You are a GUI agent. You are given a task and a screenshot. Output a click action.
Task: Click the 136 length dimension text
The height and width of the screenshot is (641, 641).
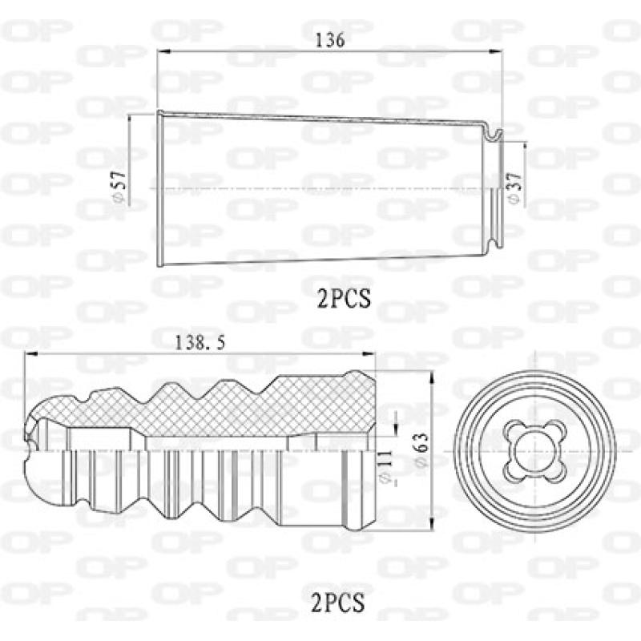click(x=330, y=40)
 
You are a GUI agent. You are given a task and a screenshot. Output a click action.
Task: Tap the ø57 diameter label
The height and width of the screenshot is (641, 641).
click(x=120, y=187)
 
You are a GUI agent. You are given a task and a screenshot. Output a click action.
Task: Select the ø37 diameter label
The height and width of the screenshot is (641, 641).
click(x=514, y=187)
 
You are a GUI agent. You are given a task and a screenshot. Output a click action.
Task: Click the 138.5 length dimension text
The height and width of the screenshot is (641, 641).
click(x=200, y=343)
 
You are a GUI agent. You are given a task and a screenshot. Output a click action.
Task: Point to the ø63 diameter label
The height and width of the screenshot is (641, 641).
click(x=421, y=450)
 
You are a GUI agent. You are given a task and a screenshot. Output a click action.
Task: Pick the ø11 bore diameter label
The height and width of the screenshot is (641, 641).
click(x=385, y=467)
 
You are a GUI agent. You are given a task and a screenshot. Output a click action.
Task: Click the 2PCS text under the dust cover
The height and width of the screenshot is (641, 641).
click(x=345, y=298)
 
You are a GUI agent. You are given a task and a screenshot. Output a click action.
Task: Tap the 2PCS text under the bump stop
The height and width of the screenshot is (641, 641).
click(x=337, y=603)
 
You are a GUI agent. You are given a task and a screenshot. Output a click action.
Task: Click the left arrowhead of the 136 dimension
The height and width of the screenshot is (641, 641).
click(x=163, y=51)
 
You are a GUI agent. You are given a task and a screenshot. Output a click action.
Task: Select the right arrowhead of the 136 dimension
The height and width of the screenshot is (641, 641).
click(x=496, y=51)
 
